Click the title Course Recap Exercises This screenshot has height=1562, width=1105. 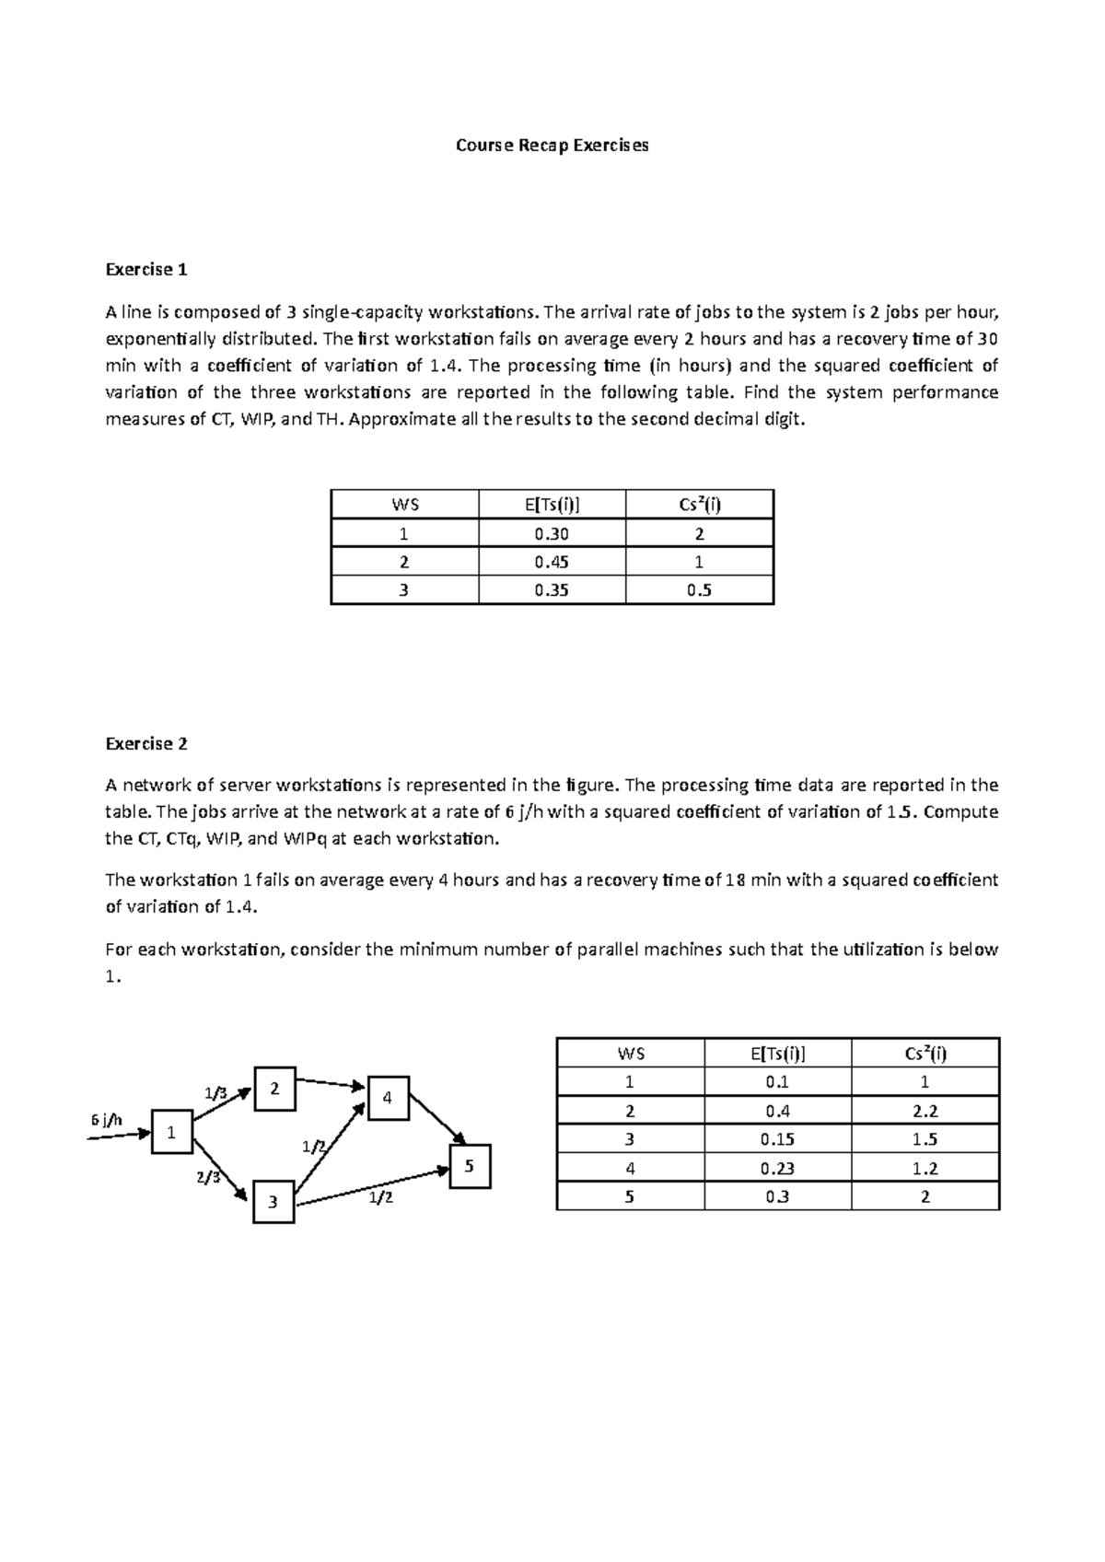(552, 146)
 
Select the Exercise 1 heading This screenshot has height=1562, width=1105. (146, 270)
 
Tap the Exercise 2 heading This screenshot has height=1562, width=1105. (146, 743)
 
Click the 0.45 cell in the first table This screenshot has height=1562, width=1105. (552, 562)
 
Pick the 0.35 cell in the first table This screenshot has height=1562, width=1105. (552, 590)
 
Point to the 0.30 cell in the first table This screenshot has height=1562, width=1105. (552, 534)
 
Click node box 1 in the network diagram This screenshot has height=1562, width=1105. (171, 1132)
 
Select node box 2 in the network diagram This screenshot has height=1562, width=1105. (274, 1089)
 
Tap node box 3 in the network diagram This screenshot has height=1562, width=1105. (273, 1202)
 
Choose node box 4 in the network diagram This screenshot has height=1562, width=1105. (388, 1098)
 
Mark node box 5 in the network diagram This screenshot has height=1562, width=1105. (470, 1166)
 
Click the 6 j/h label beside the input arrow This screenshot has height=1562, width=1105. (107, 1120)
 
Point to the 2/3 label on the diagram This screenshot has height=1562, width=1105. (208, 1178)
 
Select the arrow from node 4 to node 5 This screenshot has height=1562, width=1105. (437, 1118)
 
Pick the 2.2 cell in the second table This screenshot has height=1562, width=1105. (925, 1111)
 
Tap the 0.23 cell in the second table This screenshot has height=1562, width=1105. (777, 1168)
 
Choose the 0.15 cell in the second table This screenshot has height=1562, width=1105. (777, 1139)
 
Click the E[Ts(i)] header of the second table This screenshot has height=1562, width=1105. (777, 1054)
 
